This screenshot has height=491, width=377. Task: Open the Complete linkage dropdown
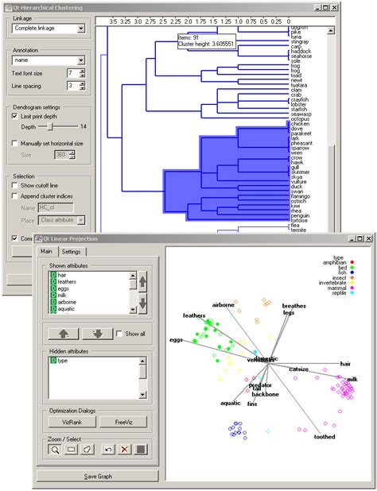pyautogui.click(x=49, y=29)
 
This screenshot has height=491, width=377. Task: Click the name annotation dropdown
pyautogui.click(x=49, y=59)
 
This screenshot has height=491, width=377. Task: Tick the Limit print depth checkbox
pyautogui.click(x=15, y=116)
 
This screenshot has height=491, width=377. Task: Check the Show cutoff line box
pyautogui.click(x=15, y=184)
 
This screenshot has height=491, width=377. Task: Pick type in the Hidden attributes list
pyautogui.click(x=63, y=361)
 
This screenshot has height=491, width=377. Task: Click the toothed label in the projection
pyautogui.click(x=325, y=436)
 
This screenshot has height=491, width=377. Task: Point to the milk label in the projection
pyautogui.click(x=352, y=380)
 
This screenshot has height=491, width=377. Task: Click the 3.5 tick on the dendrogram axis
pyautogui.click(x=113, y=20)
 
